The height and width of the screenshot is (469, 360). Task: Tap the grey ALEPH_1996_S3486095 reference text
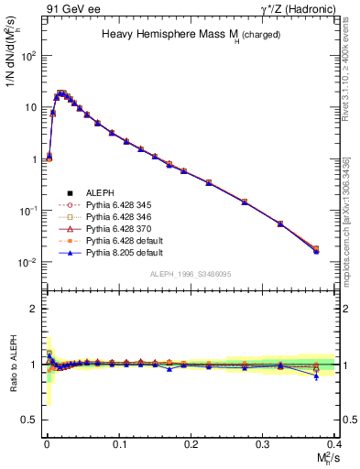pyautogui.click(x=190, y=273)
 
